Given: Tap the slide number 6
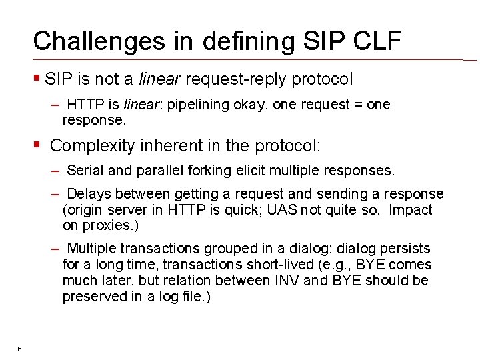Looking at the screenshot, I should [20, 349].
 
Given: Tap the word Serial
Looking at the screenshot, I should [85, 171].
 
